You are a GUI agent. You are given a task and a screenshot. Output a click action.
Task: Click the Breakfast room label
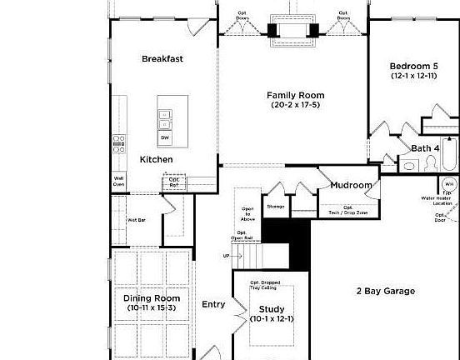point(162,58)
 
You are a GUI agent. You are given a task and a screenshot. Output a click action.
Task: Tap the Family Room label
point(296,95)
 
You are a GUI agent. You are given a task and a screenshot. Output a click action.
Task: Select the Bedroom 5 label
point(413,66)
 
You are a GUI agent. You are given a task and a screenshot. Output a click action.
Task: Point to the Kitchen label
point(156,159)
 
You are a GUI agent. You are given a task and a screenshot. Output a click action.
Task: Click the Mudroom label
point(351,185)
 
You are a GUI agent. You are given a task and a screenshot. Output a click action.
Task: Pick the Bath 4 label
point(425,148)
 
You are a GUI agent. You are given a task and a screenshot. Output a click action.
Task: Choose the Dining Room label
point(152,298)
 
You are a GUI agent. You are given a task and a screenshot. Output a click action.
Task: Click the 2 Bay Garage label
point(386,291)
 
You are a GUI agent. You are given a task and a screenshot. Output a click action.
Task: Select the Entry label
point(213,304)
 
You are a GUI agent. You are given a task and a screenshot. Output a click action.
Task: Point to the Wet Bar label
point(137,220)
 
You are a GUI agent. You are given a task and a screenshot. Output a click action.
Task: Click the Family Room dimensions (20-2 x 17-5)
point(296,105)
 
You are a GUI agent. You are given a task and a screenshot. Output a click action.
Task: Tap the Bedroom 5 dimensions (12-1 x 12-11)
point(413,76)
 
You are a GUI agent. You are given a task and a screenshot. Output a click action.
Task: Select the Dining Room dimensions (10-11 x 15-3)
point(152,308)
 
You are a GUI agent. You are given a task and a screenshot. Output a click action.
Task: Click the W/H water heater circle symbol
point(449,184)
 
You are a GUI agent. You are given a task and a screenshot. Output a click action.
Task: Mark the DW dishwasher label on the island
point(165,137)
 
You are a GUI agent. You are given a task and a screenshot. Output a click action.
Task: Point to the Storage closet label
point(276,206)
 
